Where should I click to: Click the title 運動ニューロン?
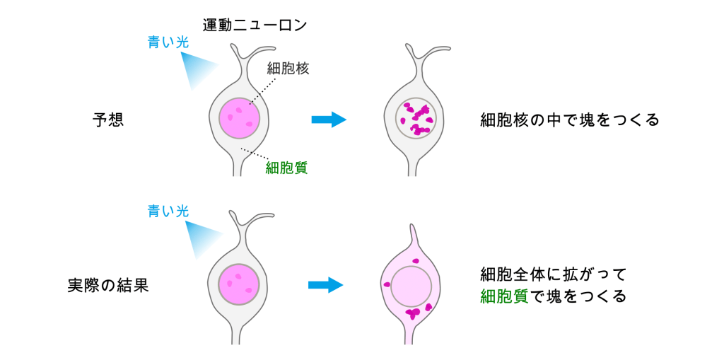(255, 25)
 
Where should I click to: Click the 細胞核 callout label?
(288, 69)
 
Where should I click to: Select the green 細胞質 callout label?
(286, 168)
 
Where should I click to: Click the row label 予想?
(108, 119)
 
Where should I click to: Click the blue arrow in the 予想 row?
(329, 119)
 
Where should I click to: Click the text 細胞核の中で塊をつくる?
(569, 119)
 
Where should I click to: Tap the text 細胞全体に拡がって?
(554, 273)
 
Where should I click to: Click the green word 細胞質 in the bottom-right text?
(504, 296)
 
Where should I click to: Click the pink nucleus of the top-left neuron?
(240, 118)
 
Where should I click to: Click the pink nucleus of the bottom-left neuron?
(240, 285)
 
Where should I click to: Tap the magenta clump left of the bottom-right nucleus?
(387, 284)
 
